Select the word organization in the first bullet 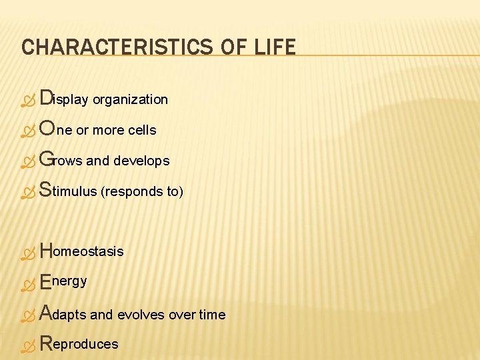point(130,100)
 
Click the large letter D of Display point(46,99)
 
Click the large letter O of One point(47,129)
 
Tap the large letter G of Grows point(46,160)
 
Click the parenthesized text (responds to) point(141,192)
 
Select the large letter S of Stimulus point(45,191)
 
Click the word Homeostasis point(82,251)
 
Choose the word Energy point(63,281)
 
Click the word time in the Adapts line point(213,315)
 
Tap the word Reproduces point(79,344)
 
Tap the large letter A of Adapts point(46,313)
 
